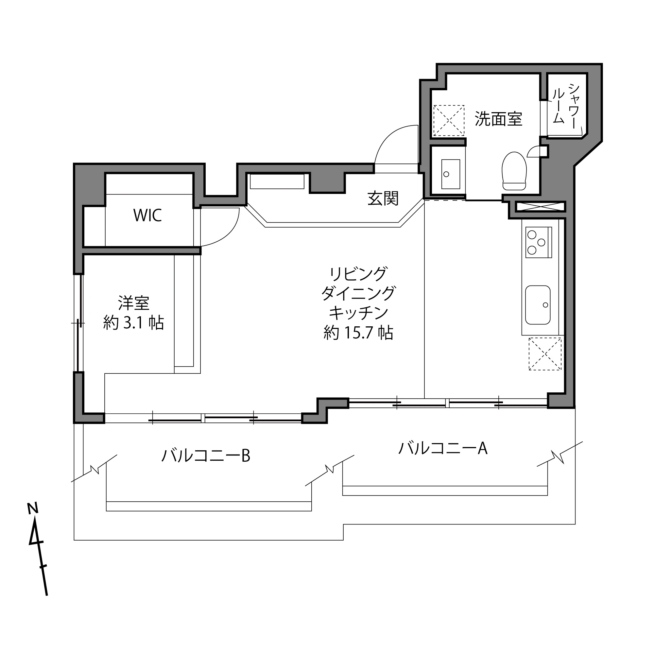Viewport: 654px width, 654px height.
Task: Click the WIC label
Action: pyautogui.click(x=147, y=215)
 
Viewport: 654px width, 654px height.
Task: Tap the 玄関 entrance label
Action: pyautogui.click(x=383, y=198)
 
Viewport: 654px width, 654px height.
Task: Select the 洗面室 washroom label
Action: pyautogui.click(x=498, y=119)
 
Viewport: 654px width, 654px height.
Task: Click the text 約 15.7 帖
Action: pyautogui.click(x=358, y=333)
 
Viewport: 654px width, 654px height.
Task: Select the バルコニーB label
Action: pyautogui.click(x=205, y=456)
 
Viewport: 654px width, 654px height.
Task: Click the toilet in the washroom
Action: pyautogui.click(x=514, y=171)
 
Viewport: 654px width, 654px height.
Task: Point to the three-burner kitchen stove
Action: pyautogui.click(x=538, y=242)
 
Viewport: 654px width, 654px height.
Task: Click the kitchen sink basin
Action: pyautogui.click(x=538, y=305)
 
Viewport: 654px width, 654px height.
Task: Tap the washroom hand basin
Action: pyautogui.click(x=451, y=174)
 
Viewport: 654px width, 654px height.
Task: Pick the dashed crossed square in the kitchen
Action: pyautogui.click(x=545, y=354)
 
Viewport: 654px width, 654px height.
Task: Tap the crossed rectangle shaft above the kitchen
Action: pyautogui.click(x=540, y=207)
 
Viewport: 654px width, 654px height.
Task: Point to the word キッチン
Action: pyautogui.click(x=358, y=313)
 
